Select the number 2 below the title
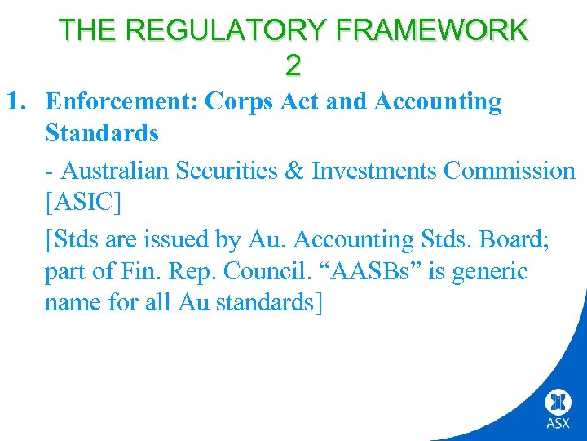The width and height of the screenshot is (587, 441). point(293,65)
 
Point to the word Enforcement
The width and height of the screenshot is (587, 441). point(122,102)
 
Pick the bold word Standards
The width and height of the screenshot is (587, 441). point(102,133)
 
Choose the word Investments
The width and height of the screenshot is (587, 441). point(382,171)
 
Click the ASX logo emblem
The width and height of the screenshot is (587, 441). point(558,403)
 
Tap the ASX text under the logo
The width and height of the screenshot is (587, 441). point(558,425)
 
